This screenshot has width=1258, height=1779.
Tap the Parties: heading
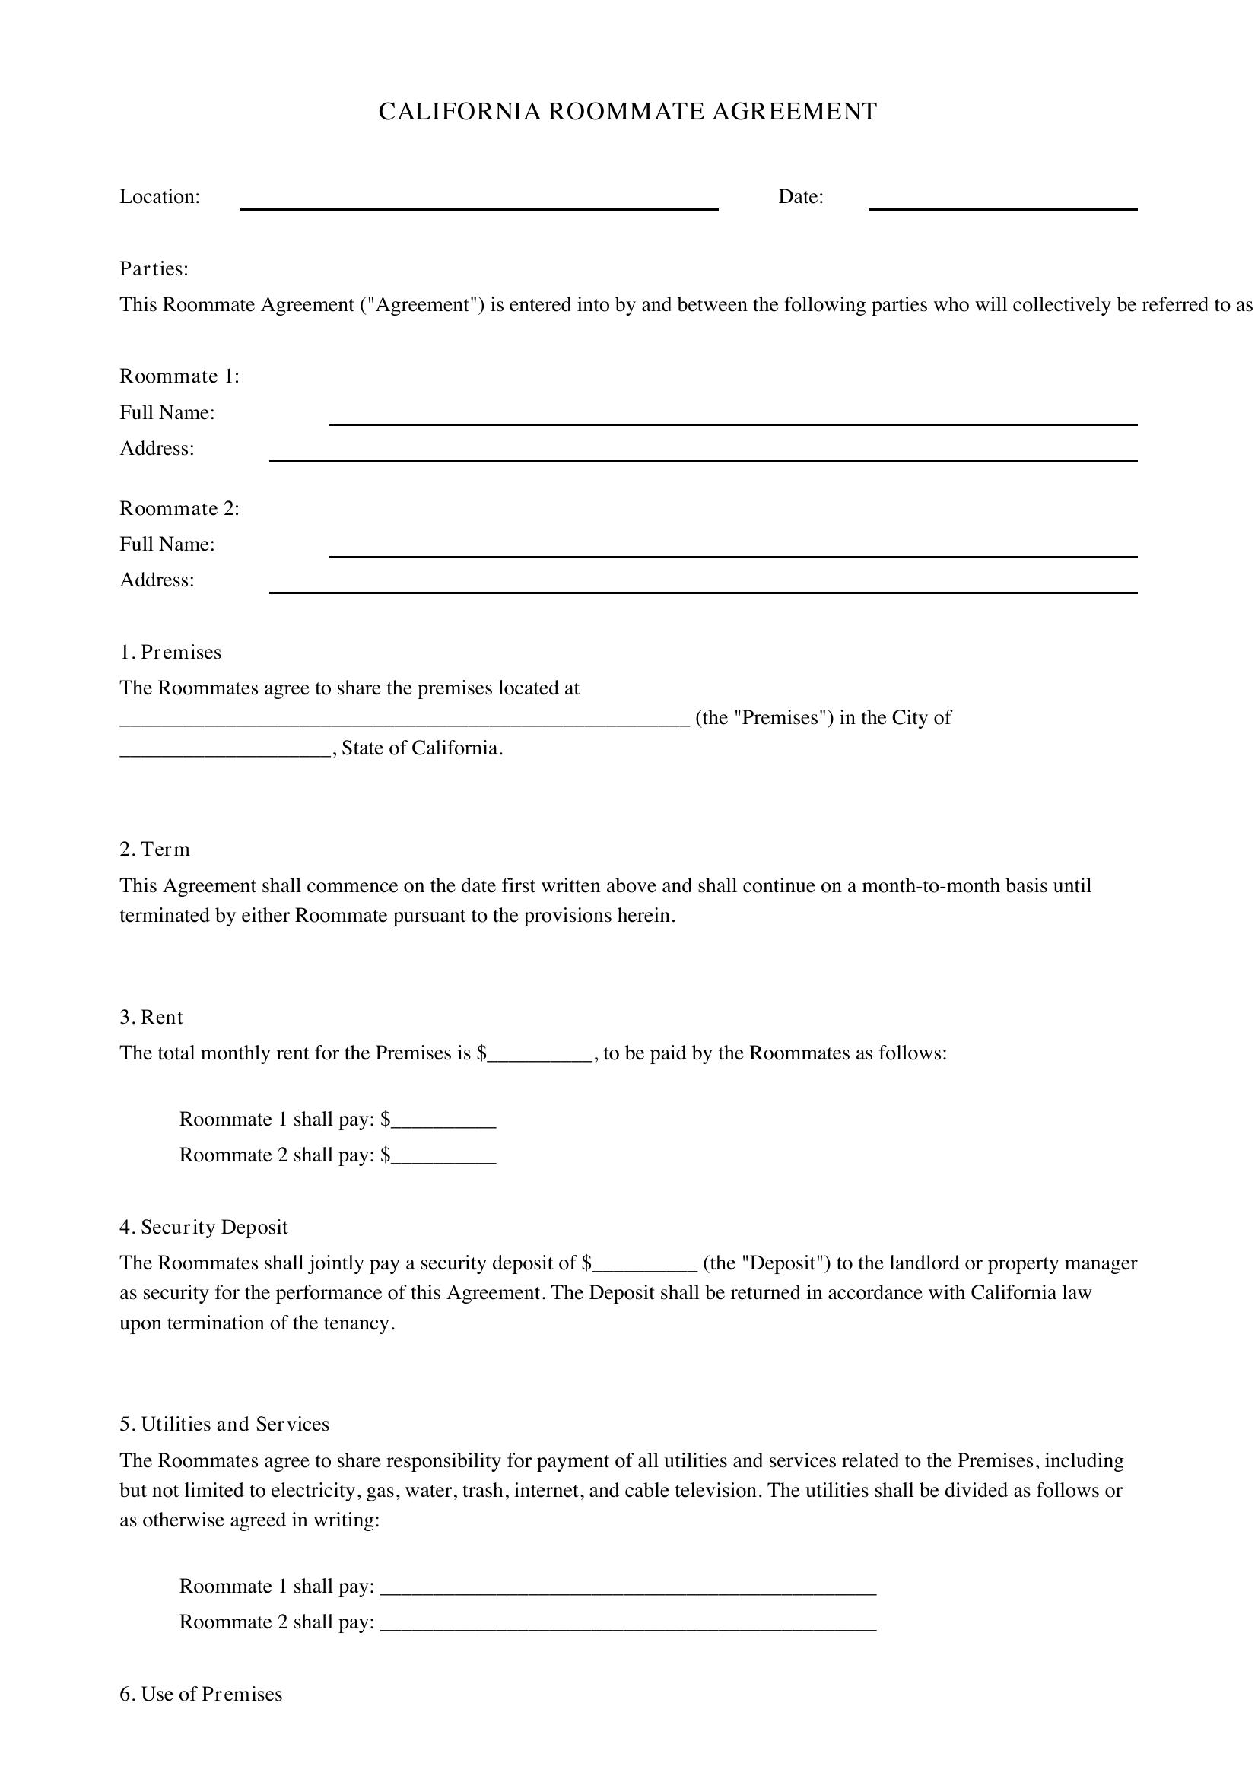click(x=154, y=268)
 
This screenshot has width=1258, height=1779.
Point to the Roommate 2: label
click(x=179, y=508)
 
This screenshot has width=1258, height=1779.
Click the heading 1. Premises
click(x=170, y=653)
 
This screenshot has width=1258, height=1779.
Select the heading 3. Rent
click(x=151, y=1018)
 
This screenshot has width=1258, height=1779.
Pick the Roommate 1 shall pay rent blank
click(x=444, y=1120)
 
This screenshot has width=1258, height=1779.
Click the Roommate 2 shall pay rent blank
click(x=444, y=1156)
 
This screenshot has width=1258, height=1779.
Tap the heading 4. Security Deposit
click(x=203, y=1228)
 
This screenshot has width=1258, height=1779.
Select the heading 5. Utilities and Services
click(x=224, y=1424)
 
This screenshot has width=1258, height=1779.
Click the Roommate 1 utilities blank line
click(x=628, y=1587)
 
